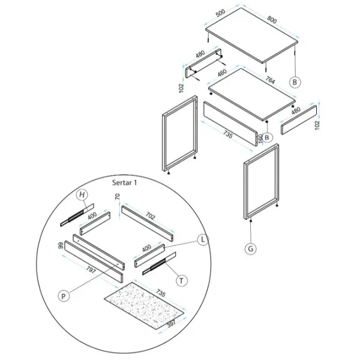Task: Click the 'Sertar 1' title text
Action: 124,183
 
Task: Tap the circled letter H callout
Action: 82,195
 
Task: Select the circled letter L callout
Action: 203,240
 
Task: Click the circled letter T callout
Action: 182,281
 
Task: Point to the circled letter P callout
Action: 64,296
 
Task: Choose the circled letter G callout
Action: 251,248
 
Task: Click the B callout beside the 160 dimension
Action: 267,137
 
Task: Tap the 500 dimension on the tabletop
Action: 220,13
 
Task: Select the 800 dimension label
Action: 272,20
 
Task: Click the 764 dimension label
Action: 270,80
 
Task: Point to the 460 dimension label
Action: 222,73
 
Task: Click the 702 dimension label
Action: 150,216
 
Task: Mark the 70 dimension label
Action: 117,197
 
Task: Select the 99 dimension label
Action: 61,245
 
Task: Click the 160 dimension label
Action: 260,138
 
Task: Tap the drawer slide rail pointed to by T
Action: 159,263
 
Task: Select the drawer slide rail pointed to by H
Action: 77,215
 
